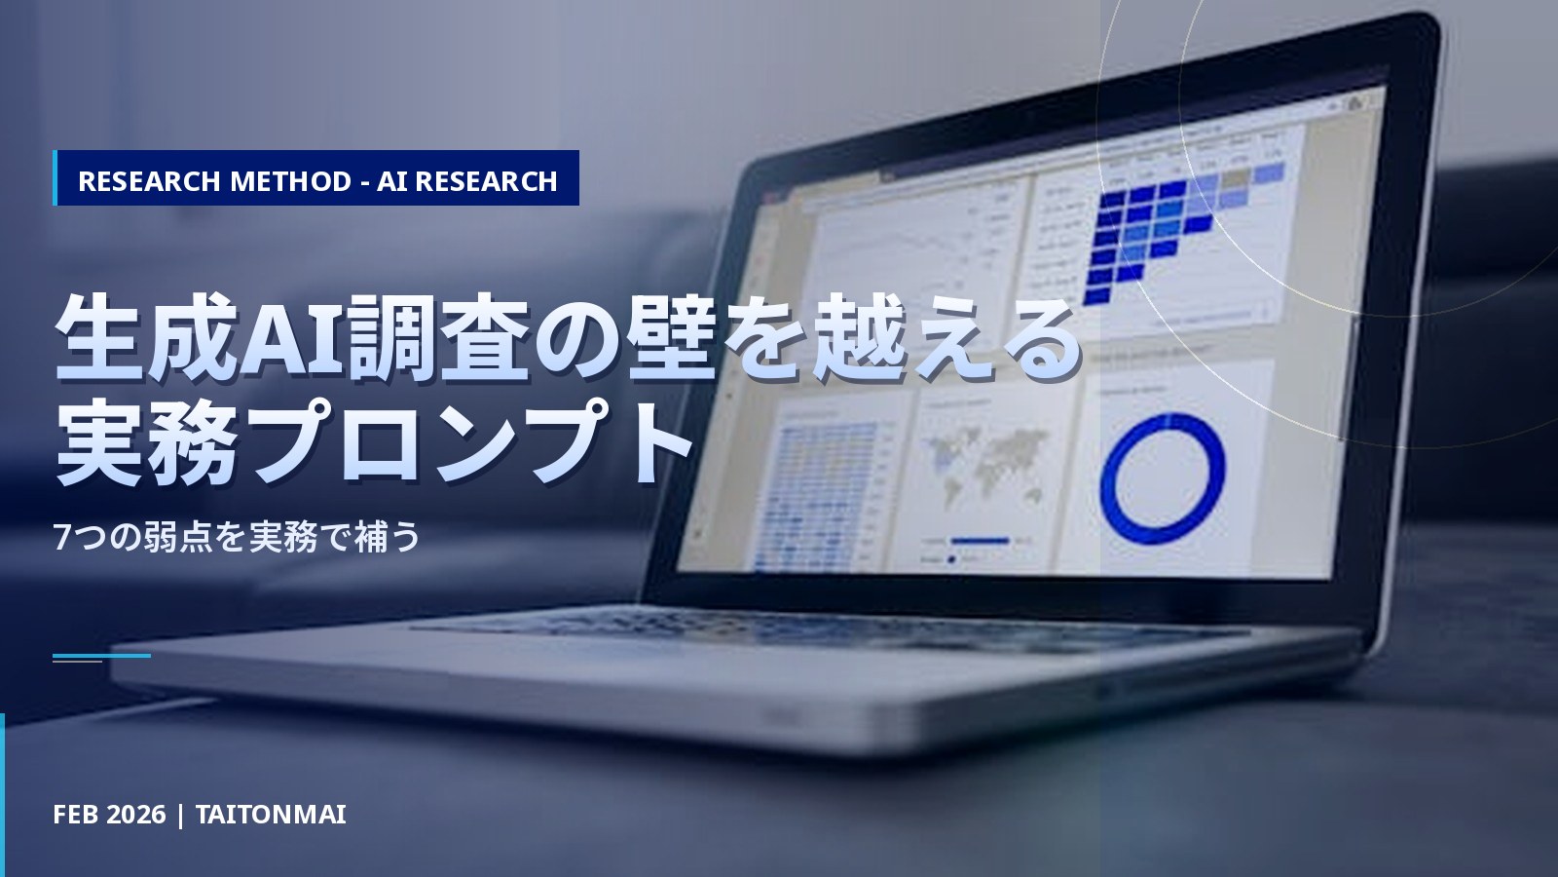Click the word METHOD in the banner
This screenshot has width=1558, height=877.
(291, 181)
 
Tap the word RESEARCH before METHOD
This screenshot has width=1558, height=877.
(149, 181)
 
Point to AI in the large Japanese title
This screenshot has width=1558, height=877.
(289, 337)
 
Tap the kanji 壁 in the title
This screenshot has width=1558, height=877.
(671, 337)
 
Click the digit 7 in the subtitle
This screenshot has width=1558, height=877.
(62, 538)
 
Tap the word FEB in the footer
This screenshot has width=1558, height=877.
(75, 815)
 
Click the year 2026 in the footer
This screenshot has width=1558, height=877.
(135, 815)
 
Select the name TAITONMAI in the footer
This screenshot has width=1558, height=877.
(271, 815)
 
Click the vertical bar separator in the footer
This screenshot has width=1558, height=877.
(181, 815)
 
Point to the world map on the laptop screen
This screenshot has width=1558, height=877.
(985, 464)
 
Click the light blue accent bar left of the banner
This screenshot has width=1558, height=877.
(55, 177)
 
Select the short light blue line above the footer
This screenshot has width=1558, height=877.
(101, 656)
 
